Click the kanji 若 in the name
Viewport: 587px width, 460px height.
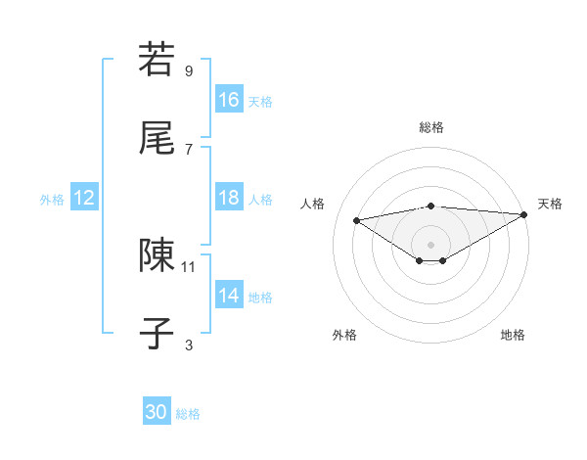pyautogui.click(x=157, y=60)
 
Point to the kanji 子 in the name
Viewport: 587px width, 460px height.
pyautogui.click(x=157, y=333)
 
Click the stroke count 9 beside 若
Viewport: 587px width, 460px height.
pyautogui.click(x=189, y=70)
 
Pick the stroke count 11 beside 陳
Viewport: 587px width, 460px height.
pyautogui.click(x=189, y=265)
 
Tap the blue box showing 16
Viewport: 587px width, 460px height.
pyautogui.click(x=229, y=100)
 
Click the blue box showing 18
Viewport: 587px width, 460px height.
pyautogui.click(x=229, y=198)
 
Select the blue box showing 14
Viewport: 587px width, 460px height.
pyautogui.click(x=229, y=296)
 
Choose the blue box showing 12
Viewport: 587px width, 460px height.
pyautogui.click(x=84, y=198)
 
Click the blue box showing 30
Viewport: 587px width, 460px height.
pyautogui.click(x=157, y=412)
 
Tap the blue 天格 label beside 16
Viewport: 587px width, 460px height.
pyautogui.click(x=260, y=101)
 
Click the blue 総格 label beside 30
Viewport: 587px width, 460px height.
pyautogui.click(x=188, y=414)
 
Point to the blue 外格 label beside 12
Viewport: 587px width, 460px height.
pyautogui.click(x=52, y=199)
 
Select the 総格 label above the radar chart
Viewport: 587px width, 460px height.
pyautogui.click(x=431, y=127)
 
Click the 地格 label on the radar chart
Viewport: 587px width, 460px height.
pyautogui.click(x=513, y=335)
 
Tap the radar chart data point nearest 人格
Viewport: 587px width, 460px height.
pyautogui.click(x=357, y=219)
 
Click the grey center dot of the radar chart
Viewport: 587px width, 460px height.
pyautogui.click(x=431, y=244)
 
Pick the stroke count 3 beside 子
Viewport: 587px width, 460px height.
pyautogui.click(x=189, y=344)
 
